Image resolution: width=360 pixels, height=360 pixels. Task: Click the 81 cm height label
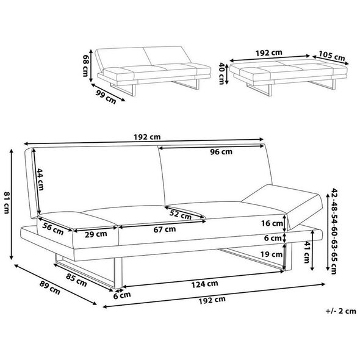[x=6, y=203]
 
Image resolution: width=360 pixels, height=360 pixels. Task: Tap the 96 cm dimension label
[x=221, y=152]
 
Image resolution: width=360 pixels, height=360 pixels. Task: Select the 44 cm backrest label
[x=40, y=179]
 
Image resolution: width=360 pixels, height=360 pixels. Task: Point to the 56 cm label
[x=53, y=229]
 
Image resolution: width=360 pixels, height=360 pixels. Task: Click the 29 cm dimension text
[x=96, y=234]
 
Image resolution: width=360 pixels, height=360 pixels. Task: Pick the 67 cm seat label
[x=165, y=229]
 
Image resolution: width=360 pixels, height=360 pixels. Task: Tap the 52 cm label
[x=181, y=215]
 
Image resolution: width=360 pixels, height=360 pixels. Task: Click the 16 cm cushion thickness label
[x=272, y=223]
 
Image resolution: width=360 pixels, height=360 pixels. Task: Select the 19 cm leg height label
[x=271, y=254]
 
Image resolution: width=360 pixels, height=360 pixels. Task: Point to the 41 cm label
[x=307, y=252]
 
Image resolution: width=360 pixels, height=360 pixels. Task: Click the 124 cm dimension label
[x=204, y=284]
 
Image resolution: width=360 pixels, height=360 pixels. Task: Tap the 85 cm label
[x=76, y=280]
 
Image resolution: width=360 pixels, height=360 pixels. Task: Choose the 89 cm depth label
[x=49, y=287]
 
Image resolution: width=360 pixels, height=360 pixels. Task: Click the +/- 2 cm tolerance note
[x=340, y=311]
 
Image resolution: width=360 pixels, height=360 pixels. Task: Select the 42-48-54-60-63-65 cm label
[x=334, y=231]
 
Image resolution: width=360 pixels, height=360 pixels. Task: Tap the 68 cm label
[x=85, y=65]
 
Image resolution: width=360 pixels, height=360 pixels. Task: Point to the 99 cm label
[x=106, y=97]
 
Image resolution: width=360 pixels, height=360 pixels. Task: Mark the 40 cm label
[x=221, y=73]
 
